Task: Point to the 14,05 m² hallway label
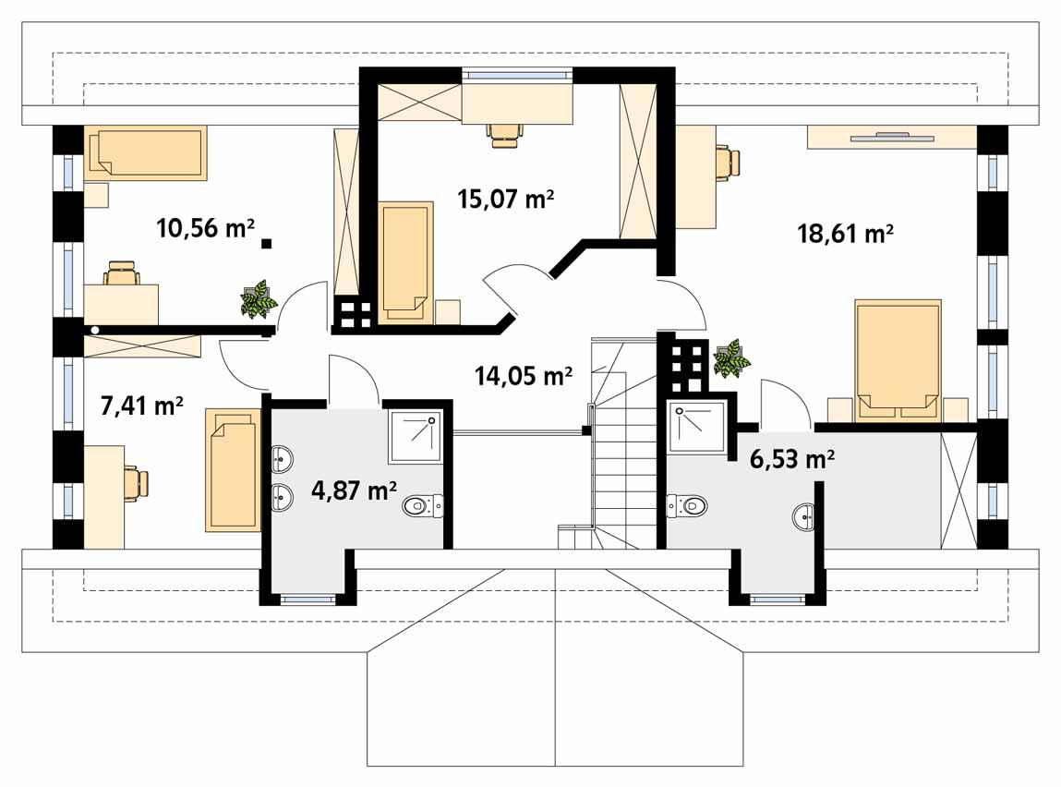point(523,375)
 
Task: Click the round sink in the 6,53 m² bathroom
point(803,518)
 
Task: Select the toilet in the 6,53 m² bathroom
point(687,505)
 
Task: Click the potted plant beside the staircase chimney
point(731,358)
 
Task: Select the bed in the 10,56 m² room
point(146,153)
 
